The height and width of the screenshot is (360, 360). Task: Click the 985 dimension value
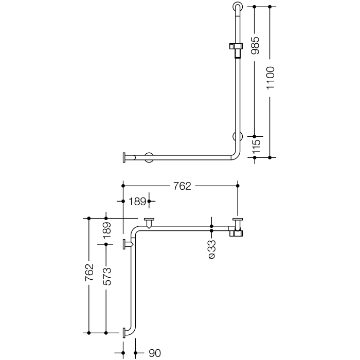[x=256, y=45]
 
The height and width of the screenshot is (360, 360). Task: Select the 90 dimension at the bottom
[x=155, y=353]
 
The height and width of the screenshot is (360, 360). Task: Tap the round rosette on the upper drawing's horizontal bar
[x=149, y=157]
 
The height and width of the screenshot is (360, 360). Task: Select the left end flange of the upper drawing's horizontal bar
[x=124, y=157]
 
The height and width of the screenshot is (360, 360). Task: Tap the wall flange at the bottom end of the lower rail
[x=125, y=333]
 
